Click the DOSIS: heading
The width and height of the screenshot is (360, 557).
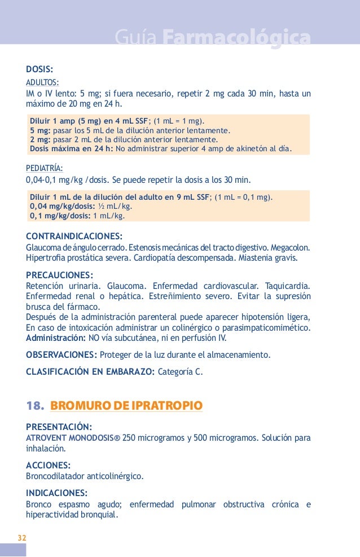[39, 69]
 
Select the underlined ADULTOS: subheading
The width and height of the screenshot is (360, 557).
[42, 82]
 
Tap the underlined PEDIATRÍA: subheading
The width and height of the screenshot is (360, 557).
[45, 168]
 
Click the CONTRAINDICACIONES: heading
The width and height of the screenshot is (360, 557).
[74, 235]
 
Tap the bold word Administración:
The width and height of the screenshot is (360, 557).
[56, 338]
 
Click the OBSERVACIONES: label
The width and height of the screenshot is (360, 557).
[62, 355]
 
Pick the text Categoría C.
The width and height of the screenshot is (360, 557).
[179, 372]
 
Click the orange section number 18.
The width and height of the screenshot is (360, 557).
[36, 406]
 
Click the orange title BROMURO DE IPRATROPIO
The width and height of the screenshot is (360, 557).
[126, 406]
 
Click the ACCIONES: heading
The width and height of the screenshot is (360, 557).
[49, 465]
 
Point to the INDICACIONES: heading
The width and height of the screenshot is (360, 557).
[57, 492]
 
